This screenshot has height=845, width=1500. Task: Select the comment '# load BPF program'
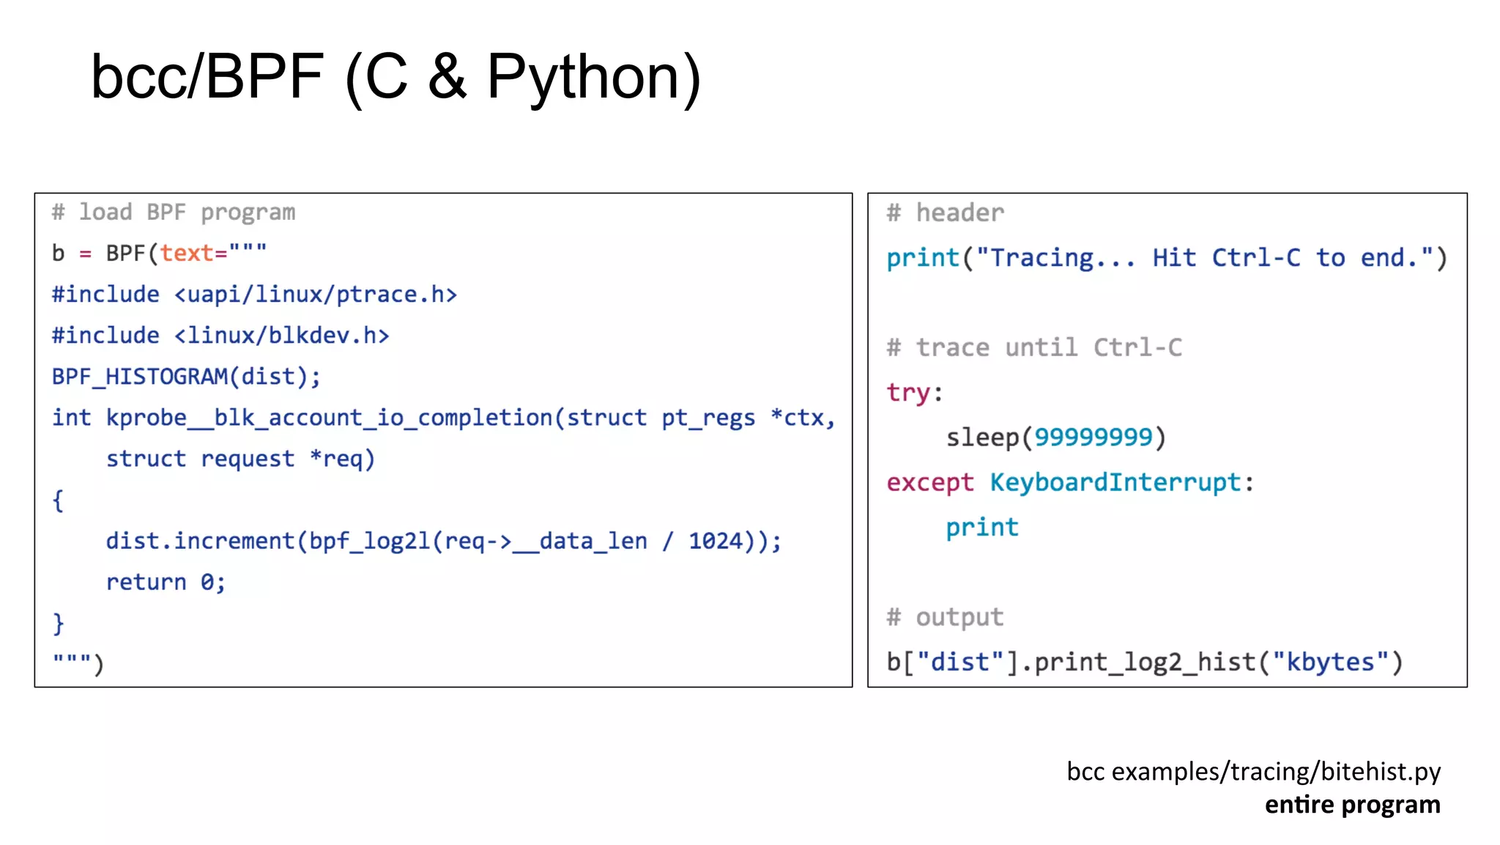(174, 213)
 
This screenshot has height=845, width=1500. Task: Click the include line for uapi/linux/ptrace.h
(254, 295)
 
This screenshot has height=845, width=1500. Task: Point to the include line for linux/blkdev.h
(220, 336)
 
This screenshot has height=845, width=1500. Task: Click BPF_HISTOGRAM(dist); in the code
(186, 377)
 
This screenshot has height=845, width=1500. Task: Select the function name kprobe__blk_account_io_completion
(330, 418)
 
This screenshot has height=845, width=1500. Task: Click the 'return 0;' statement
(166, 582)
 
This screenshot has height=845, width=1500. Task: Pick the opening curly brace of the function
(58, 501)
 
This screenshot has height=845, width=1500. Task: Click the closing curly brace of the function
(59, 624)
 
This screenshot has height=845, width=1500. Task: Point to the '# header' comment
(945, 213)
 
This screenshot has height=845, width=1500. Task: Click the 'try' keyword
(908, 393)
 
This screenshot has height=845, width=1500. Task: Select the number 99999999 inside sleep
(1094, 438)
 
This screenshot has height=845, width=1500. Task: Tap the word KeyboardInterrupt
(1115, 482)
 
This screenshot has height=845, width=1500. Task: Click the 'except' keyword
(930, 482)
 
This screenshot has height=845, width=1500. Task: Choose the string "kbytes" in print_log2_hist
(1330, 662)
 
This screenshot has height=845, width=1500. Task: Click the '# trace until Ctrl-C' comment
(1034, 347)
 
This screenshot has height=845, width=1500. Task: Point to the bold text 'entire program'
(1352, 805)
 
